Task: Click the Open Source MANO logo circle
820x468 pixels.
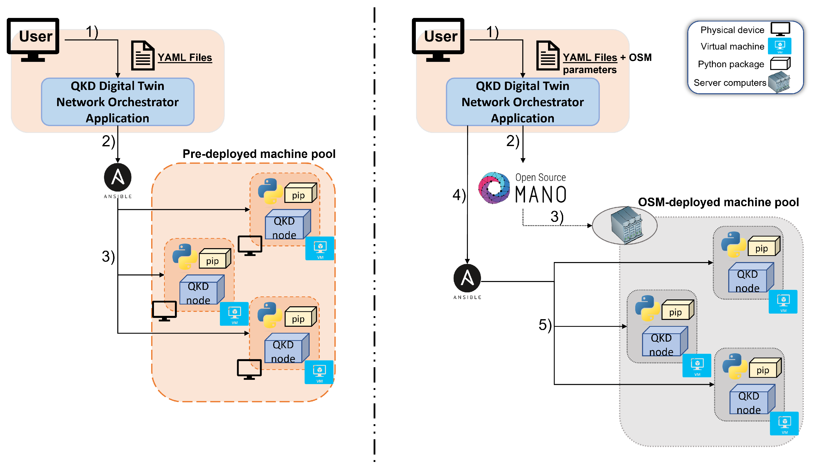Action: click(x=493, y=188)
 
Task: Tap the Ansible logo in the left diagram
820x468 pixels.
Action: click(x=117, y=177)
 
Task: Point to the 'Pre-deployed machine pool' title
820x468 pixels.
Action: click(x=259, y=154)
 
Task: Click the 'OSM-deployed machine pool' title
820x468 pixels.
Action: click(x=718, y=202)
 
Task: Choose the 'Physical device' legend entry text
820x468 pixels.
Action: click(x=732, y=30)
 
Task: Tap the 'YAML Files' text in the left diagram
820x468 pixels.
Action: click(x=185, y=58)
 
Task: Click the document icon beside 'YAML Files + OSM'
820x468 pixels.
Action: click(x=548, y=56)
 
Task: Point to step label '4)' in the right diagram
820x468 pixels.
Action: click(x=459, y=195)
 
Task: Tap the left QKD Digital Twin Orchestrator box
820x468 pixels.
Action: click(x=118, y=102)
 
